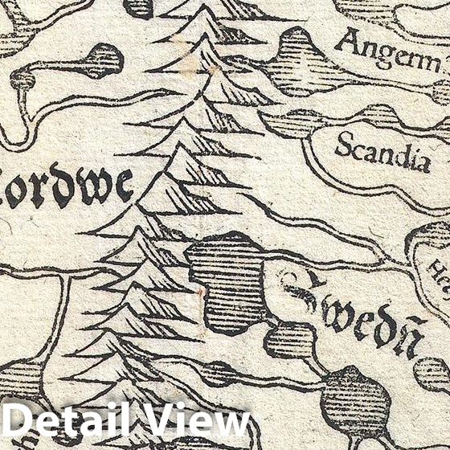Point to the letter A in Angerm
point(347,40)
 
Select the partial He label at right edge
point(439,265)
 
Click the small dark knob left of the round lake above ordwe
point(22,79)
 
